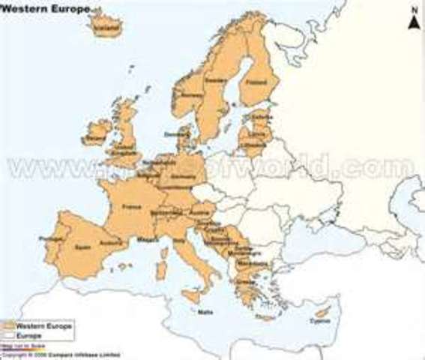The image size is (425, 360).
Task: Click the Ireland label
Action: [x=95, y=139]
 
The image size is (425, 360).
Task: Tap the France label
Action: [x=132, y=205]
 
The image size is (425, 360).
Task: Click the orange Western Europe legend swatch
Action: [x=10, y=326]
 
